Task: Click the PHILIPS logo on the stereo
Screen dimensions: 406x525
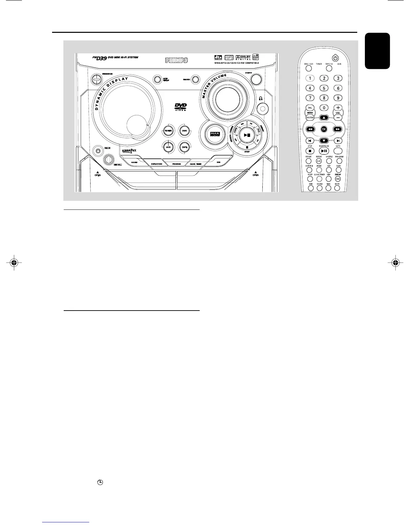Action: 177,60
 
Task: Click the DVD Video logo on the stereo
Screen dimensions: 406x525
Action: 180,107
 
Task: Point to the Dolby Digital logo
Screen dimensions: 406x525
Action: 243,57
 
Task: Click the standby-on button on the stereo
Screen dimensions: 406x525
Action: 96,79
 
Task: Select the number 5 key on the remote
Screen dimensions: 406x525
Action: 324,88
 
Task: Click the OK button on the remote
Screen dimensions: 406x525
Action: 324,129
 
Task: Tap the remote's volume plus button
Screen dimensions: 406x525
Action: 338,108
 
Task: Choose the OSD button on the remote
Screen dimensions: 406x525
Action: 338,179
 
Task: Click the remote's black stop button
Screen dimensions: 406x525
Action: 310,151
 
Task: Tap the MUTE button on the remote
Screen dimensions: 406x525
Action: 337,188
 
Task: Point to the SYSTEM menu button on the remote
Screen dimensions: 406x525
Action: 310,118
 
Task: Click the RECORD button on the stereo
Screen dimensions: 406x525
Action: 196,80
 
